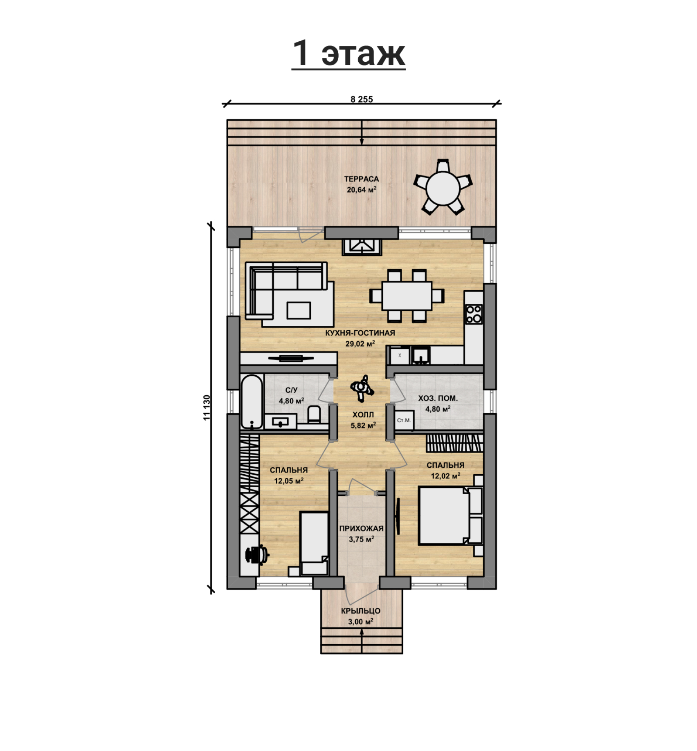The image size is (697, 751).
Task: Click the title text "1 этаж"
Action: (348, 53)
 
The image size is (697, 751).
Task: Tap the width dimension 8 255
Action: (362, 99)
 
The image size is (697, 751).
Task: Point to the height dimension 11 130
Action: (207, 408)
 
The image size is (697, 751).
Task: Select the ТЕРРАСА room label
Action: (362, 179)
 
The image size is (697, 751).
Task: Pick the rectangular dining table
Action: (407, 296)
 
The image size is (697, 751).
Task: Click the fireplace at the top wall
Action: (362, 247)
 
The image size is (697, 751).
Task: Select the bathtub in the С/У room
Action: (252, 402)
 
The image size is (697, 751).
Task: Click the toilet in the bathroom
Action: (314, 415)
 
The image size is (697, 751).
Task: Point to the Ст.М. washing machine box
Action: (404, 420)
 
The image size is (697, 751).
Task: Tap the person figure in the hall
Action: (362, 388)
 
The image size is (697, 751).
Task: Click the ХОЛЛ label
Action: (363, 415)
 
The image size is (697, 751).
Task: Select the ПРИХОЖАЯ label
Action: (361, 528)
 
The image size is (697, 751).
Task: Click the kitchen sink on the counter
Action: (420, 355)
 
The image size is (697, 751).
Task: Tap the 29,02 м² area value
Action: (360, 343)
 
